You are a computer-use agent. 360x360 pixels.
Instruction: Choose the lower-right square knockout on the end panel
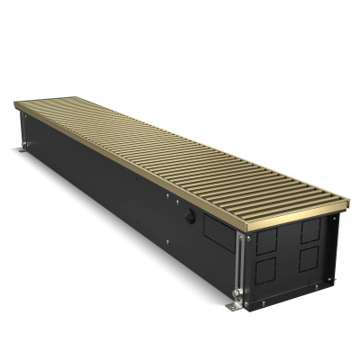click(x=308, y=263)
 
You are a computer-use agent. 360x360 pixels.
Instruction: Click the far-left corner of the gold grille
click(x=16, y=107)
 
